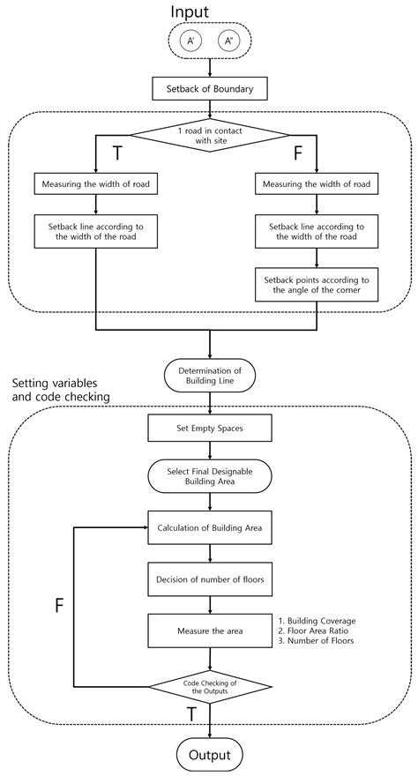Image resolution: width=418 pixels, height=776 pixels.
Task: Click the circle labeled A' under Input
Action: click(x=190, y=41)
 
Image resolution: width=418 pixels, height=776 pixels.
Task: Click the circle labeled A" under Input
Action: click(x=229, y=41)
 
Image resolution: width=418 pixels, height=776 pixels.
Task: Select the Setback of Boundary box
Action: click(x=209, y=89)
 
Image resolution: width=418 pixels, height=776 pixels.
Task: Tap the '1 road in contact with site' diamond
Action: click(x=210, y=137)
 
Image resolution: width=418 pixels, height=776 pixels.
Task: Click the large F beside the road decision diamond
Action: click(x=297, y=153)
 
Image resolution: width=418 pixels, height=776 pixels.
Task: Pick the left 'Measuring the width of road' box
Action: click(x=96, y=184)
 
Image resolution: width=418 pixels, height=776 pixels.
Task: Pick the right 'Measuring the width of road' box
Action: click(x=317, y=184)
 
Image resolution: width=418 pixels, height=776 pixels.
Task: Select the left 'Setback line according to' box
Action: click(x=96, y=232)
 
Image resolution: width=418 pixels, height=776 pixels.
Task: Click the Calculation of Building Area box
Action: click(x=210, y=528)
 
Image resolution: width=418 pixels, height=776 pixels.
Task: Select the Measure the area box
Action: click(x=210, y=630)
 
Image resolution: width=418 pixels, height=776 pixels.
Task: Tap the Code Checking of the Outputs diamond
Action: click(x=210, y=687)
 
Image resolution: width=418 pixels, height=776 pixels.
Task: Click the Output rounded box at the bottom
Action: click(x=210, y=755)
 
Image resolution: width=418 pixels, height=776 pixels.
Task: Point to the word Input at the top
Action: click(x=209, y=12)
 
